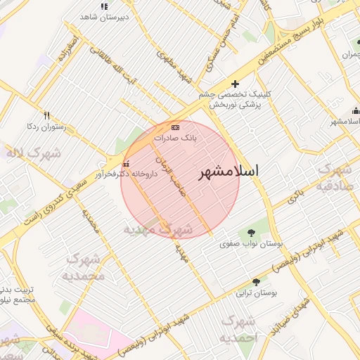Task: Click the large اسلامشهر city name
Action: (228, 172)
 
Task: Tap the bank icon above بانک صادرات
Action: (175, 127)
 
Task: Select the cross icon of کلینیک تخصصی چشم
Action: (235, 84)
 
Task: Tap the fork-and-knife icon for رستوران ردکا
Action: (46, 115)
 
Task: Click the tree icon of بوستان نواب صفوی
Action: (251, 233)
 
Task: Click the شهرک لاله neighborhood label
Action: (34, 153)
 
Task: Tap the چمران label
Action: (349, 54)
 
